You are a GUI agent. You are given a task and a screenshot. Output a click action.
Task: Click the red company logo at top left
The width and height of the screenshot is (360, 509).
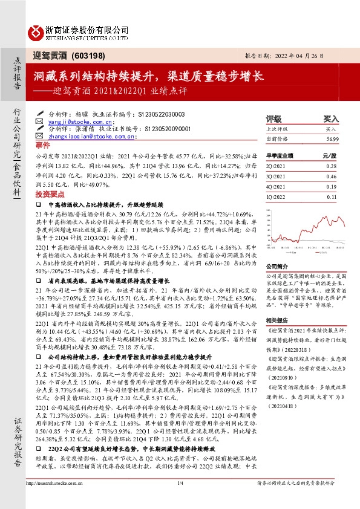click(36, 30)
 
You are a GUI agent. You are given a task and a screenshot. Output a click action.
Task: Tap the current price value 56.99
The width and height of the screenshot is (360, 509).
click(330, 138)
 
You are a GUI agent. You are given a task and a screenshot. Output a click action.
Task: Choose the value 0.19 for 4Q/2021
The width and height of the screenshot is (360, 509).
click(331, 186)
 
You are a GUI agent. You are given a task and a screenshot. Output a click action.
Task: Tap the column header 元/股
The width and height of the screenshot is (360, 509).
click(329, 155)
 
